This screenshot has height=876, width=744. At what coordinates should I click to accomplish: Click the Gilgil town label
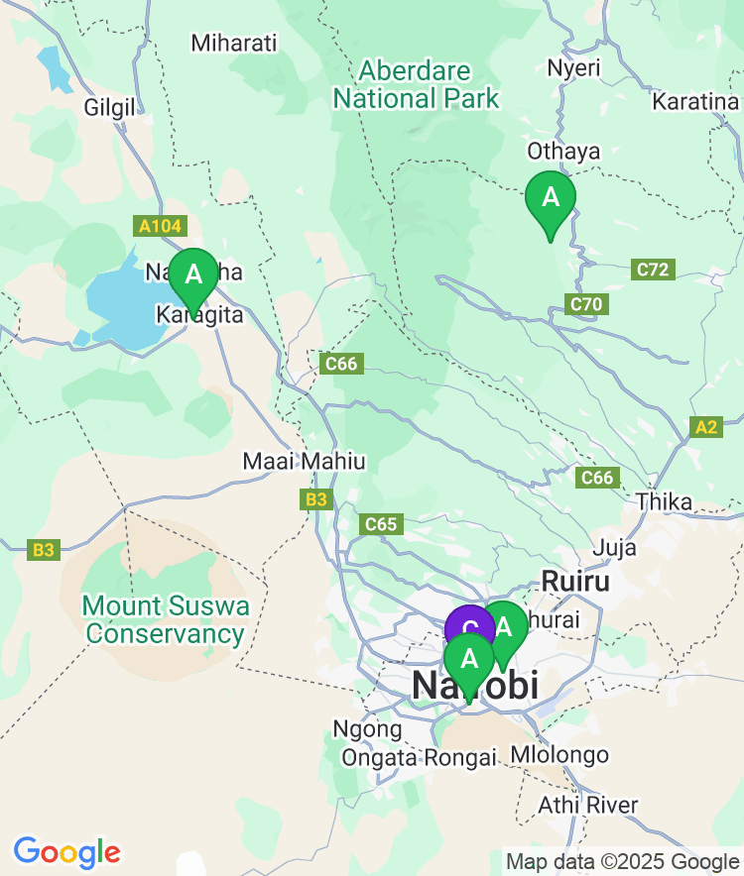point(109,108)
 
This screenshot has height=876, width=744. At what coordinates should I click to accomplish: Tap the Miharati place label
point(234,43)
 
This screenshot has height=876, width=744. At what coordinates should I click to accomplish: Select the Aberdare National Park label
point(416,85)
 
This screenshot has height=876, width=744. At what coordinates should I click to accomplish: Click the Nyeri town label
point(573,67)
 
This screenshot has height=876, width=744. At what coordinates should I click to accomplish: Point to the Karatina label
point(696,101)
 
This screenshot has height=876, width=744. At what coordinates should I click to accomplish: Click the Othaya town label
point(563,151)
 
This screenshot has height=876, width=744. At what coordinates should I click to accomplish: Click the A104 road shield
point(160,227)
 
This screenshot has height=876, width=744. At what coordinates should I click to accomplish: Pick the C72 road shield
point(654,269)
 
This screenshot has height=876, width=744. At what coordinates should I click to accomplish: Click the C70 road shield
point(585,304)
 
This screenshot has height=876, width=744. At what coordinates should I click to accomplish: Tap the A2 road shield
point(705,427)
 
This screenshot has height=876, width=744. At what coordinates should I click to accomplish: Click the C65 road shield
point(381,524)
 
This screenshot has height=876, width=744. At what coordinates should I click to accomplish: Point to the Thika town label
point(665,501)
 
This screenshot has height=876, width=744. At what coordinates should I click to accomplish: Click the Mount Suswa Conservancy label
point(165,619)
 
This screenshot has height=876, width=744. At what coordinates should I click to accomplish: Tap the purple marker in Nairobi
point(468,626)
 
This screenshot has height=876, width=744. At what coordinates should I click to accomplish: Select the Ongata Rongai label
point(418,758)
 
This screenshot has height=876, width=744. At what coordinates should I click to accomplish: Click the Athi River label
point(588,805)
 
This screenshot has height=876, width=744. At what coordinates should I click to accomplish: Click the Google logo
point(66,852)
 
